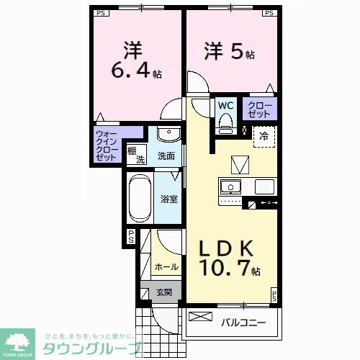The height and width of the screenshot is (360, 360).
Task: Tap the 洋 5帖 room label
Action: (229, 53)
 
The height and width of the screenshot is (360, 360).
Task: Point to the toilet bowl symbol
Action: (225, 123)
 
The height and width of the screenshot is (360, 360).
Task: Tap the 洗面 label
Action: (166, 156)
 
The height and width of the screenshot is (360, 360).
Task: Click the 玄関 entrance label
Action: (164, 292)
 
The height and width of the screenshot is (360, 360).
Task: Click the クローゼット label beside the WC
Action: (261, 109)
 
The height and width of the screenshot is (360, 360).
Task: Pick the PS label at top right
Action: (269, 13)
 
